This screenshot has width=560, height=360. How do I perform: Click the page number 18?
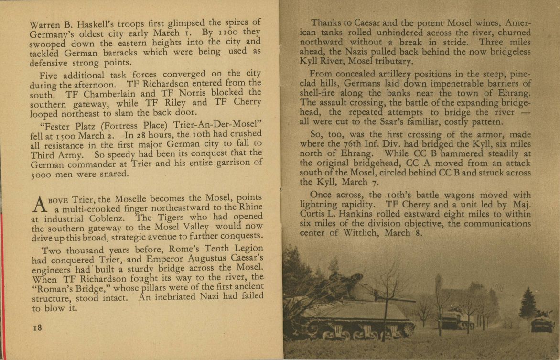pyautogui.click(x=37, y=327)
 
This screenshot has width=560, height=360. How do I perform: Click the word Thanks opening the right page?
pyautogui.click(x=327, y=23)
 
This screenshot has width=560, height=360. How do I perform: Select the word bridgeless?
pyautogui.click(x=506, y=52)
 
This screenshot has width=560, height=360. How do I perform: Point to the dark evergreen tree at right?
pyautogui.click(x=528, y=303)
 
